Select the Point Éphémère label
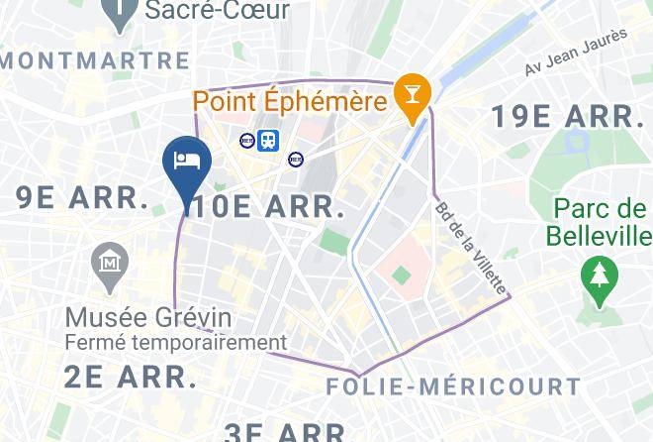(x=289, y=101)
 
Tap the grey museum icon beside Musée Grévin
(x=109, y=264)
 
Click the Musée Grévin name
(x=148, y=318)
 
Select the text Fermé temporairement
(x=175, y=343)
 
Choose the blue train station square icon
(x=268, y=141)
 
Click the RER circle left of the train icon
(x=247, y=141)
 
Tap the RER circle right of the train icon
(x=295, y=159)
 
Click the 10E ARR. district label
(x=269, y=208)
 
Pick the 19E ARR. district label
(x=567, y=116)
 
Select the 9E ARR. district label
(x=82, y=197)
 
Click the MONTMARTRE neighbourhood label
(x=94, y=60)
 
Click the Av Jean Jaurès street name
(x=577, y=53)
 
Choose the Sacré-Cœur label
(x=217, y=11)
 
